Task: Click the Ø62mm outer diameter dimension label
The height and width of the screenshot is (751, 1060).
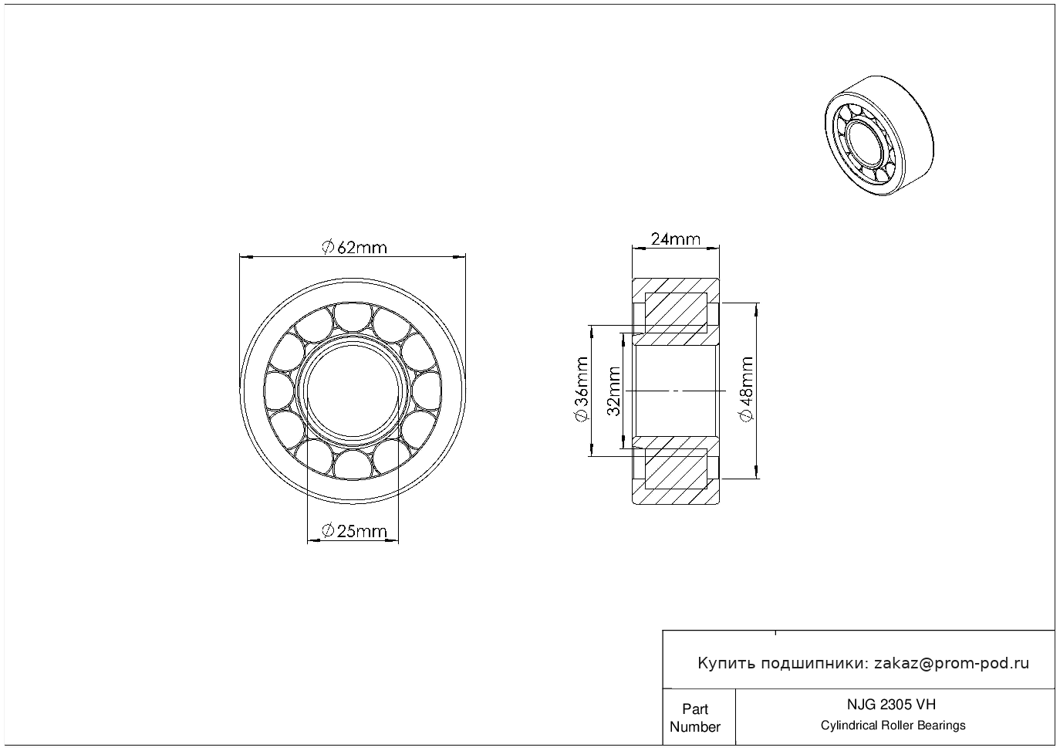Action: click(354, 247)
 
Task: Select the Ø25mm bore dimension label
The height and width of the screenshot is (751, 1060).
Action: click(353, 531)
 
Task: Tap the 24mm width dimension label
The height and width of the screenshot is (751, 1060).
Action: click(675, 238)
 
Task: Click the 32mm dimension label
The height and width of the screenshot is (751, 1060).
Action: click(614, 391)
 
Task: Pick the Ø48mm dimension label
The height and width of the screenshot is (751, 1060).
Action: click(746, 390)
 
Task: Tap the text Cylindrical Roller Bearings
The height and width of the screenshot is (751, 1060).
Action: click(893, 726)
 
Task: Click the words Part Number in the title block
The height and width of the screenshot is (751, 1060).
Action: click(695, 718)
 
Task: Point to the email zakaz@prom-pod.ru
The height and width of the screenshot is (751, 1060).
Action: click(951, 663)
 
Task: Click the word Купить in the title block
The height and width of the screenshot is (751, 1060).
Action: click(726, 663)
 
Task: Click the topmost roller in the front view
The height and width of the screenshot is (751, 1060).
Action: click(353, 319)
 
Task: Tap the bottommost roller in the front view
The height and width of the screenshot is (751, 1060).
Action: click(353, 464)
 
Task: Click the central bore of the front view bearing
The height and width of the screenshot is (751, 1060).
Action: click(353, 391)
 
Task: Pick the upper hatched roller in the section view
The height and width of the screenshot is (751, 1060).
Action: click(676, 313)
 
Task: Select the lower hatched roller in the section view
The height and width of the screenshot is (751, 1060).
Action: click(676, 469)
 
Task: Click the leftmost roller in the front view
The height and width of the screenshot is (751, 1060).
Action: click(280, 391)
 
